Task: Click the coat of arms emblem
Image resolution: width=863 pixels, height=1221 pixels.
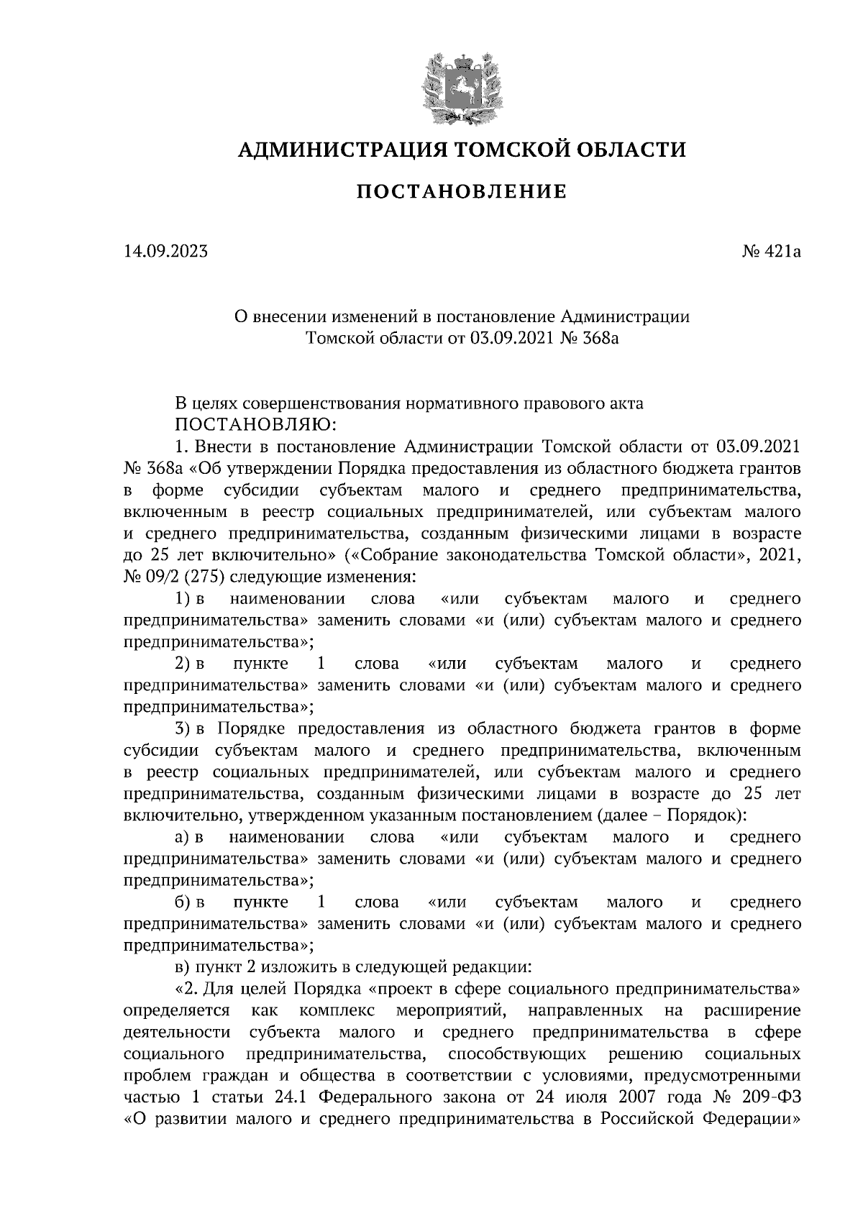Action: point(462,86)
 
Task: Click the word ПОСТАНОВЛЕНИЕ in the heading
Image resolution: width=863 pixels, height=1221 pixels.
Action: point(462,192)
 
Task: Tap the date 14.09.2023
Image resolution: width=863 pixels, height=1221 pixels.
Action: point(165,252)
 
